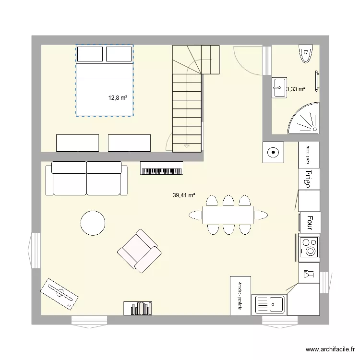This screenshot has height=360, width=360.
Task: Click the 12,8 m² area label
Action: click(118, 97)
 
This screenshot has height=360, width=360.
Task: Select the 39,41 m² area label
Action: click(184, 195)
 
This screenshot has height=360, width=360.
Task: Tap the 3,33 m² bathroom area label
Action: click(296, 89)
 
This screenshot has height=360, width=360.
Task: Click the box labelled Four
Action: click(310, 222)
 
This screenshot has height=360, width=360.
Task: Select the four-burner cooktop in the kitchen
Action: click(309, 247)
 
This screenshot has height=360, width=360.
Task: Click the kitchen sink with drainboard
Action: click(270, 305)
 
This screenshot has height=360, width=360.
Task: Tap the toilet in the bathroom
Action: click(305, 52)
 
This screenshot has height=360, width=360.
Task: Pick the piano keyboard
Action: click(162, 168)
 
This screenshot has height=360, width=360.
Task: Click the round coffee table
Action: click(93, 223)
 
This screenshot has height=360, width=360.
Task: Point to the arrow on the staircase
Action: click(187, 145)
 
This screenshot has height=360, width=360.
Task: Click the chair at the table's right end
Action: click(261, 215)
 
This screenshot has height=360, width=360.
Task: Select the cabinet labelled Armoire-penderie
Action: click(240, 296)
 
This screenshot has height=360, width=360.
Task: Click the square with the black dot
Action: click(273, 153)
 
